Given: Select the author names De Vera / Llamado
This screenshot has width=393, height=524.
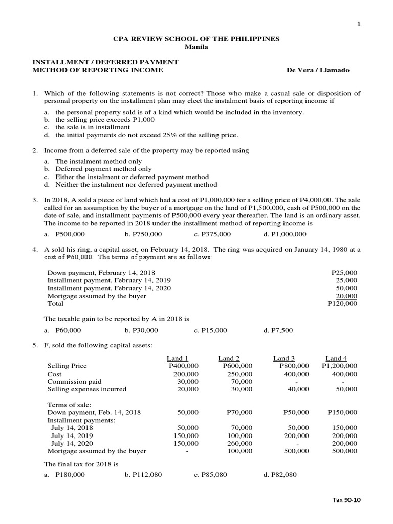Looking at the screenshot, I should pyautogui.click(x=318, y=70).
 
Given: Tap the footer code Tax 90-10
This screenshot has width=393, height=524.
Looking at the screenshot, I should pyautogui.click(x=347, y=500).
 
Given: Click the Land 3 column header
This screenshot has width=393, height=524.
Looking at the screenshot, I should pyautogui.click(x=284, y=358).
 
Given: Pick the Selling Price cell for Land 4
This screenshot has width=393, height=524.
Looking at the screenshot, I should pyautogui.click(x=340, y=366).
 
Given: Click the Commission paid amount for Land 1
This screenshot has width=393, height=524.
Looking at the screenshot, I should pyautogui.click(x=189, y=382).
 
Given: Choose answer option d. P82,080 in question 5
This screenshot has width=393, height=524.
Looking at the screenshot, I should pyautogui.click(x=279, y=475).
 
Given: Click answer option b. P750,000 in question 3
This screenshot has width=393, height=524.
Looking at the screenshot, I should pyautogui.click(x=143, y=234).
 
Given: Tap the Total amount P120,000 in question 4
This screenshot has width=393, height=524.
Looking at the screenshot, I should pyautogui.click(x=342, y=303).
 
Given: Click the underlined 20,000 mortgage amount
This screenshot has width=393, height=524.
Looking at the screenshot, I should pyautogui.click(x=346, y=296).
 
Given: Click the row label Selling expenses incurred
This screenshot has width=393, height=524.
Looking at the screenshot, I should pyautogui.click(x=86, y=389).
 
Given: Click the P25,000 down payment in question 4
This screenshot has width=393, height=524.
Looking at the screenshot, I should pyautogui.click(x=344, y=273).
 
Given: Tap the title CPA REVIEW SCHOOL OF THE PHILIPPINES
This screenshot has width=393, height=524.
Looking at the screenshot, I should pyautogui.click(x=196, y=39).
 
